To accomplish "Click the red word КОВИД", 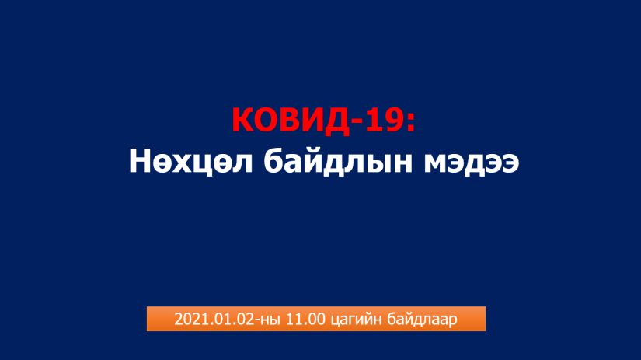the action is pyautogui.click(x=291, y=120).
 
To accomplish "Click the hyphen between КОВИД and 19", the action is pyautogui.click(x=357, y=122).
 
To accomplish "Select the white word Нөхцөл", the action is pyautogui.click(x=191, y=162).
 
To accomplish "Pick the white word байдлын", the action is pyautogui.click(x=338, y=161).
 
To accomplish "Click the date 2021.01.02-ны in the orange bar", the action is pyautogui.click(x=228, y=319).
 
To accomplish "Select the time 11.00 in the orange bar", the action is pyautogui.click(x=306, y=319).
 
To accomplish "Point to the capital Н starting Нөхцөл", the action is pyautogui.click(x=141, y=161).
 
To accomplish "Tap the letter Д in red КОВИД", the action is pyautogui.click(x=336, y=121).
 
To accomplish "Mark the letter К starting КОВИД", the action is pyautogui.click(x=243, y=120).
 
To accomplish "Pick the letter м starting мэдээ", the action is pyautogui.click(x=436, y=163).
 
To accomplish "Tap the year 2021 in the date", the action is pyautogui.click(x=191, y=319).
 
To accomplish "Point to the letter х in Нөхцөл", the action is pyautogui.click(x=179, y=163).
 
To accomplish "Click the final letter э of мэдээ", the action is pyautogui.click(x=510, y=163).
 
